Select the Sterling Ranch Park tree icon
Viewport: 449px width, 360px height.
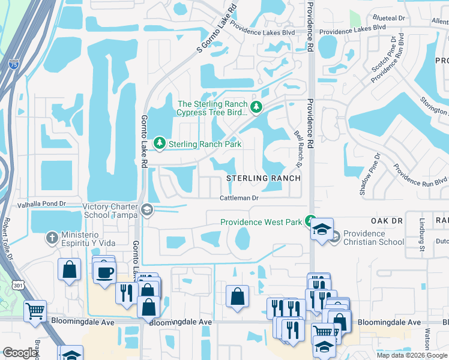(160, 143)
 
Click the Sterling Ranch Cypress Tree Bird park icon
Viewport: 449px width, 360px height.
(256, 107)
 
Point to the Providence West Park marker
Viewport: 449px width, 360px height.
(310, 221)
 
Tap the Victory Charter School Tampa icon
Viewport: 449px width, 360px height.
(147, 210)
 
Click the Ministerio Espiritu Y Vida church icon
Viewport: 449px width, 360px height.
(52, 238)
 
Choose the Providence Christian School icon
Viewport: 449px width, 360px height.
(334, 237)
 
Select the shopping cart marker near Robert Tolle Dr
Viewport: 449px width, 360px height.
(35, 310)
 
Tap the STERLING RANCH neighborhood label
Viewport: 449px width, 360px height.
(263, 178)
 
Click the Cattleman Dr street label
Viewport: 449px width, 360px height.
(238, 197)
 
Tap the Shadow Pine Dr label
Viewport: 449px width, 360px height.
(370, 174)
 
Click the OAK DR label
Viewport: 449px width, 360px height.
(386, 221)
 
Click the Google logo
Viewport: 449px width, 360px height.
(20, 353)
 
